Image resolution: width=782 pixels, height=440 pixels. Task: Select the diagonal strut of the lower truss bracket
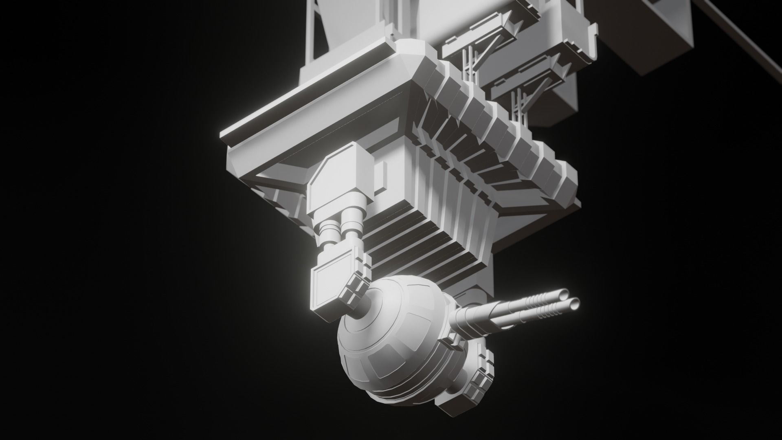538,92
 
